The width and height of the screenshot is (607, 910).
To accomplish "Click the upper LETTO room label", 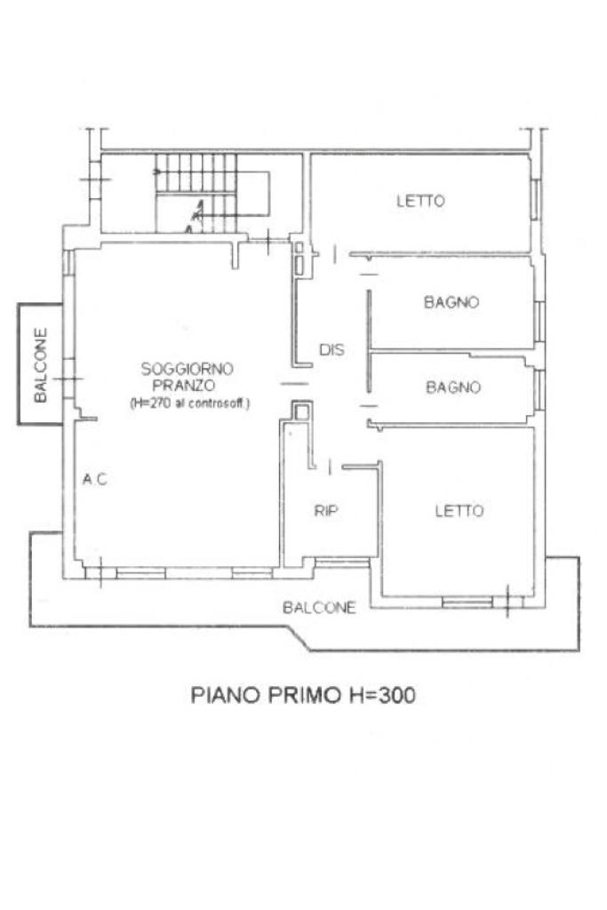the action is tap(420, 201).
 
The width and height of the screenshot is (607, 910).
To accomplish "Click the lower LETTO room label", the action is tap(459, 510).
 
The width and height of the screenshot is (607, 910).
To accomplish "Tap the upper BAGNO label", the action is tap(451, 302).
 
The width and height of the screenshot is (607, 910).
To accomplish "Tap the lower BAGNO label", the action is tap(453, 387).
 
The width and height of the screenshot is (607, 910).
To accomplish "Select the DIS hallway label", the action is tap(331, 349).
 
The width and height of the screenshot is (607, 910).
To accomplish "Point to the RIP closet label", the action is tap(326, 510).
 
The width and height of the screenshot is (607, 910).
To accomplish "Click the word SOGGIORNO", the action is tap(187, 369).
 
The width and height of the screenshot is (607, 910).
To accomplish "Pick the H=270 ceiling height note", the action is tap(189, 403).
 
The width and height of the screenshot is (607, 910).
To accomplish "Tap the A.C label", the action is tap(94, 479).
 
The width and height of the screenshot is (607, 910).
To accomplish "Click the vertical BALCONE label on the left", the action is tap(41, 365).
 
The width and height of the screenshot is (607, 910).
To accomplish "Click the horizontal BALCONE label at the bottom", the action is tap(319, 607).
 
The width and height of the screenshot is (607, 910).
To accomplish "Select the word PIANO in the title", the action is tap(226, 695).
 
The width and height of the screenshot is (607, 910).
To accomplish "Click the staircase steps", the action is tap(196, 193).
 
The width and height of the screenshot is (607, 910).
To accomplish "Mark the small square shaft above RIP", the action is tap(301, 412).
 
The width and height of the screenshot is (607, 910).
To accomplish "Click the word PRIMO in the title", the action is tap(304, 695).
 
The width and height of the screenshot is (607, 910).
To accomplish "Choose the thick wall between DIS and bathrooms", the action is tap(369, 341).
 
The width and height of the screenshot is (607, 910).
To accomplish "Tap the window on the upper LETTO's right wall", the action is tap(536, 199).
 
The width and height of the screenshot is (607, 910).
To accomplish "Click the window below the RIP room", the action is tap(342, 562).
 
